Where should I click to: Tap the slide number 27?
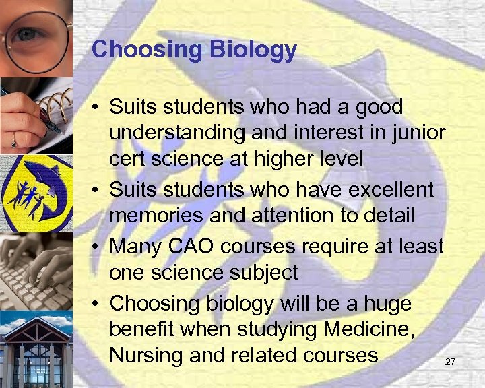point(451,362)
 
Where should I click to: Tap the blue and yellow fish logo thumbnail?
point(35,193)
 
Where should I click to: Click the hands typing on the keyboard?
point(35,269)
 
